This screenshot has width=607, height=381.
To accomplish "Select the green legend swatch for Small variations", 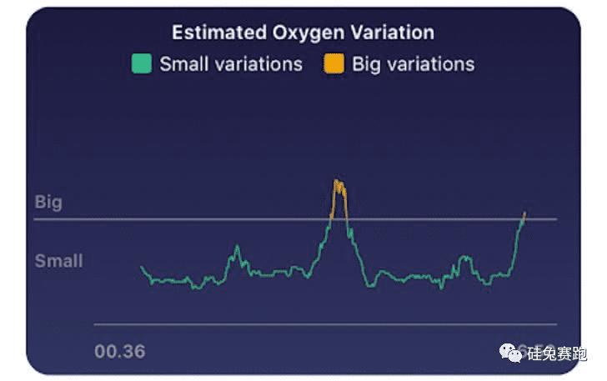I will [x=142, y=63].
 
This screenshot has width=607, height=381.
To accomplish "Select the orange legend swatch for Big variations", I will [x=333, y=63].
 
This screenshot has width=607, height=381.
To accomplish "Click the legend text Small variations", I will [x=230, y=64].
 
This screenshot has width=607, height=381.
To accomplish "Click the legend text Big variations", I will [x=413, y=64].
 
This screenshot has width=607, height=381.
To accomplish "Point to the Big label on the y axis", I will [x=48, y=203].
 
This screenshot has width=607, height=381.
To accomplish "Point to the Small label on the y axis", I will [x=58, y=261].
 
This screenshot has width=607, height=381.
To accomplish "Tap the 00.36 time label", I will [x=119, y=352].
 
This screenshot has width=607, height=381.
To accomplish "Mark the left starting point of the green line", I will [x=142, y=267].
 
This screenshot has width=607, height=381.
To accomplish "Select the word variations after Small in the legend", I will [x=258, y=64].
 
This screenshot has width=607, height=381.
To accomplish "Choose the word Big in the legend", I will [x=367, y=64].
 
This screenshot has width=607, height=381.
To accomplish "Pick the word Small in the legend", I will [x=183, y=64].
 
